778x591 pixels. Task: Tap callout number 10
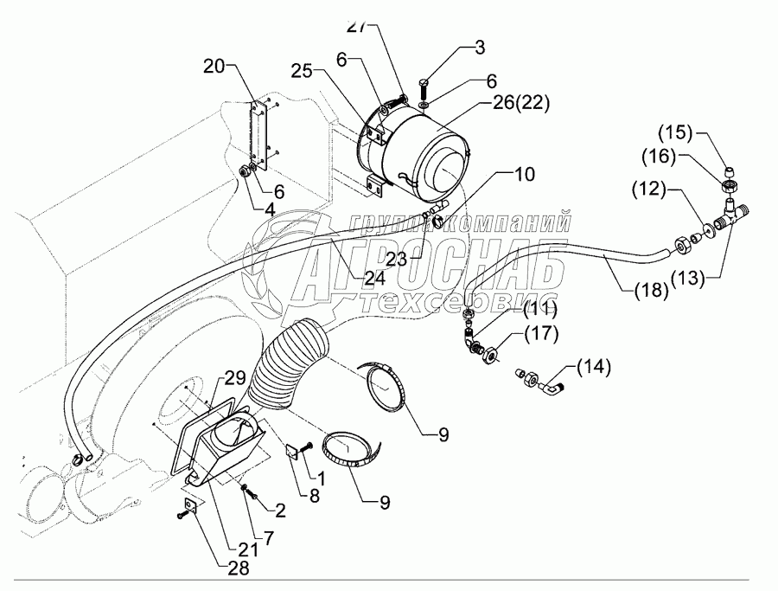(x=525, y=173)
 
